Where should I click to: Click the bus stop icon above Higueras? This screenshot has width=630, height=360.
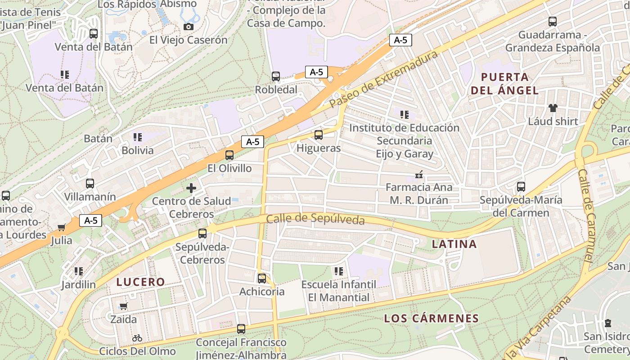pos(319,135)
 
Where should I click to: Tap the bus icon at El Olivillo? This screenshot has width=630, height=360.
pos(229,155)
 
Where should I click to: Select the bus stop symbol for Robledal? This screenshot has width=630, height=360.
pos(276,76)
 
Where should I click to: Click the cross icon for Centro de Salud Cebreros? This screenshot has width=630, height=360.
pos(191,188)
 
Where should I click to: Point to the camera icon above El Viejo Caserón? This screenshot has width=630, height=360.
pos(189,27)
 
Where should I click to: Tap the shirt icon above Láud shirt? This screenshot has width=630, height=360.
pos(553,108)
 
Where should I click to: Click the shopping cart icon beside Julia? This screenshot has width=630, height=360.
pos(62,227)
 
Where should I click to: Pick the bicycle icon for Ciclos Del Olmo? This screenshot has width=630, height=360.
pos(137,338)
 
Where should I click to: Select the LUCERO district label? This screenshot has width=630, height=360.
pos(141,282)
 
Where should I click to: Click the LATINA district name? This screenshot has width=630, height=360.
pos(454,244)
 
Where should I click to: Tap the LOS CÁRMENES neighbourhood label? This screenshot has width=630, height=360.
pos(431,319)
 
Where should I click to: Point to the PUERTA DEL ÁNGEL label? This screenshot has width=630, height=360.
pos(504,83)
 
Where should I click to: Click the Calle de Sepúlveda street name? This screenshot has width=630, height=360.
pos(315,220)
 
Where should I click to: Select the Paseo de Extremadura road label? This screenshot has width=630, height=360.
pos(383,79)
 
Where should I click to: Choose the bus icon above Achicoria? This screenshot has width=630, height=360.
pos(262,279)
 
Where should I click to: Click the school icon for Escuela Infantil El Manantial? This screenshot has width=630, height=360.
pos(339,271)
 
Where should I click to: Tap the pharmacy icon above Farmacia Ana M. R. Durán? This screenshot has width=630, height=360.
pos(419,174)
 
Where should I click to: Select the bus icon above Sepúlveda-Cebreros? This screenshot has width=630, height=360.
pos(202,234)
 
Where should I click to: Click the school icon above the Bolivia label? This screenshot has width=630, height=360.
pos(138,137)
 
